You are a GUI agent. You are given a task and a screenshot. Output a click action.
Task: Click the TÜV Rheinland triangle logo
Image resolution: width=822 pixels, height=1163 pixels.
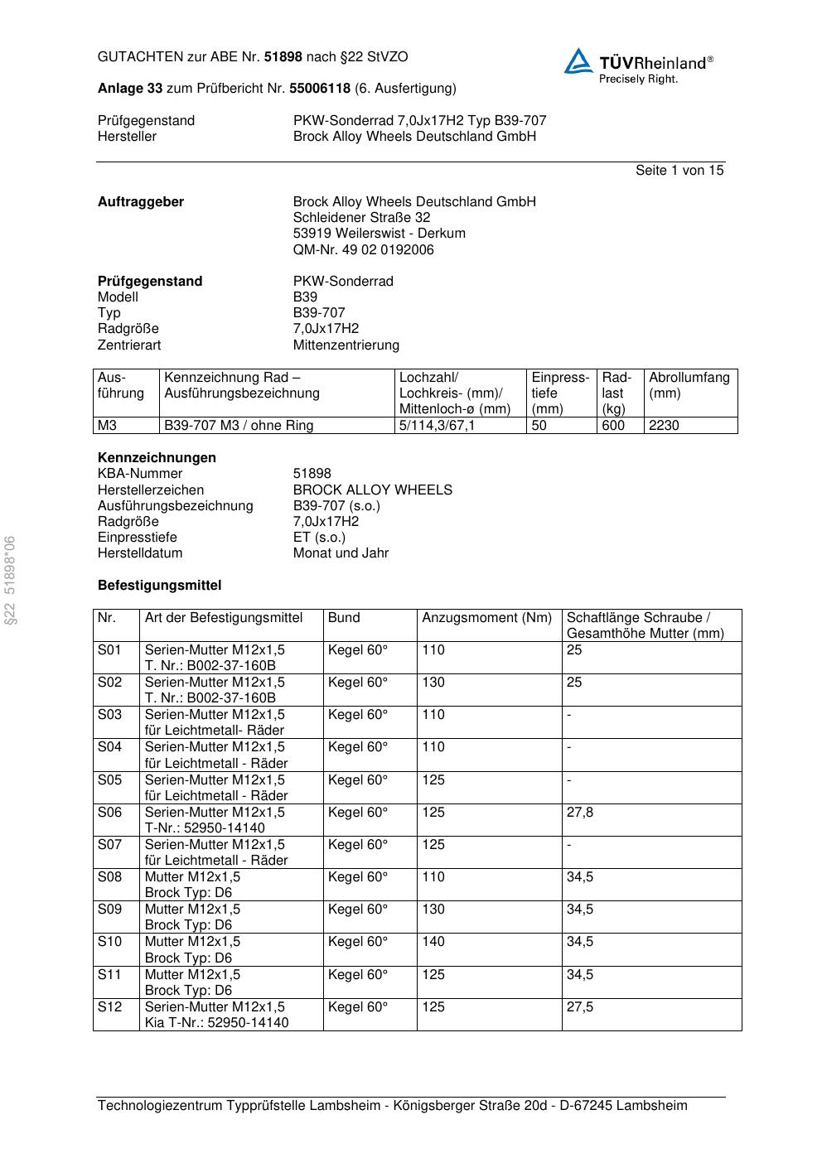click(x=578, y=61)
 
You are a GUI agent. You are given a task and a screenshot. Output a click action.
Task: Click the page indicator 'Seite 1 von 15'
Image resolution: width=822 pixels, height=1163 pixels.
click(x=679, y=171)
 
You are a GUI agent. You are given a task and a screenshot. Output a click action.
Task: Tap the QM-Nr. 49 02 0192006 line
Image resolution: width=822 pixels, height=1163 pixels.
click(x=363, y=250)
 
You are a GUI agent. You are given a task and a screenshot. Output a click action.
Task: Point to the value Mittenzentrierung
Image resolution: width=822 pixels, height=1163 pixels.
click(x=346, y=345)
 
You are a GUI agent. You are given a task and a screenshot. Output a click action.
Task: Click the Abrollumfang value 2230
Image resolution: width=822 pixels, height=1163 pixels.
click(x=664, y=426)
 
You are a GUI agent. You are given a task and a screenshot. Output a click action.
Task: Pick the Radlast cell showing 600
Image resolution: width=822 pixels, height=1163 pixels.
click(x=613, y=426)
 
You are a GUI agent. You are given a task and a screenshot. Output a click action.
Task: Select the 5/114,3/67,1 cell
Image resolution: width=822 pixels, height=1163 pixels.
click(x=437, y=426)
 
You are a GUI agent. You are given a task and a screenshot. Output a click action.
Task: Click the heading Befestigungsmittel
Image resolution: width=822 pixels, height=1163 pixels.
click(x=159, y=586)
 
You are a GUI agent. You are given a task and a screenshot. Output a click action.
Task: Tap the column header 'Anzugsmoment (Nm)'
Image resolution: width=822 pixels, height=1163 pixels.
click(x=486, y=618)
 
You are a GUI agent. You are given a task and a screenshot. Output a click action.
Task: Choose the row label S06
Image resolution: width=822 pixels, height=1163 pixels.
click(x=109, y=813)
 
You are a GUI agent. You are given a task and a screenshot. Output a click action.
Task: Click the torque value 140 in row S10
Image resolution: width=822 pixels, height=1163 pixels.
click(x=433, y=942)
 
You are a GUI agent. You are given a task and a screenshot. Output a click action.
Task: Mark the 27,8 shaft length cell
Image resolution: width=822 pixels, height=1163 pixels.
click(x=580, y=813)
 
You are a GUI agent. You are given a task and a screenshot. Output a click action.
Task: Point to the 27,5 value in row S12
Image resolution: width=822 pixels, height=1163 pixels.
click(x=580, y=1007)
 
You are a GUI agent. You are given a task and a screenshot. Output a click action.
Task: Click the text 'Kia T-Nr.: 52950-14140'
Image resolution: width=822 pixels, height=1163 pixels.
click(x=216, y=1023)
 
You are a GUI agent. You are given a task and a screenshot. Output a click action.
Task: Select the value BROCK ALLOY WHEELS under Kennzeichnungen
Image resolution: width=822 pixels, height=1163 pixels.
click(x=372, y=490)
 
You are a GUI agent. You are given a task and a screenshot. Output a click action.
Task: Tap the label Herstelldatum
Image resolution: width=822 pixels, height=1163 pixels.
click(x=140, y=553)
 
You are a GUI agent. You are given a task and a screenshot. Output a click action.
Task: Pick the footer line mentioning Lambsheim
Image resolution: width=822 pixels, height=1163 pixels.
click(x=392, y=1106)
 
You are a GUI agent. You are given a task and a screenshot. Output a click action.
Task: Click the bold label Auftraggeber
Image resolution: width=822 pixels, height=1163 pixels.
click(x=141, y=202)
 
